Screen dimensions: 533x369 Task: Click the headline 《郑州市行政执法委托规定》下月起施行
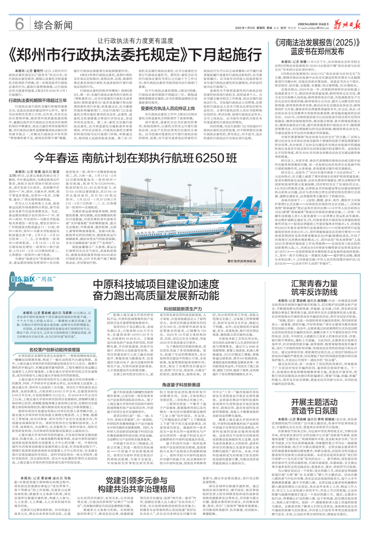point(137,56)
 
